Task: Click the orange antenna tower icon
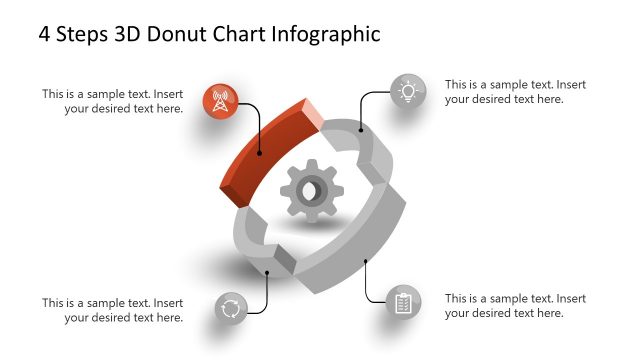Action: coord(220,101)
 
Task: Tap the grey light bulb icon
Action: coord(407,92)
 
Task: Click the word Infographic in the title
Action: coord(326,34)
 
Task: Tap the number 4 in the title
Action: coord(45,34)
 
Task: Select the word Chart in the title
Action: coord(242,34)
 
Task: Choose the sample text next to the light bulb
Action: coord(515,91)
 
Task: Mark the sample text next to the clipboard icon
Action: coord(515,305)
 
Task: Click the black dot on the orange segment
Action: coord(259,153)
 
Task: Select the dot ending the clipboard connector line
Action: coord(366,262)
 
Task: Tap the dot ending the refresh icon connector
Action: coord(268,272)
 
